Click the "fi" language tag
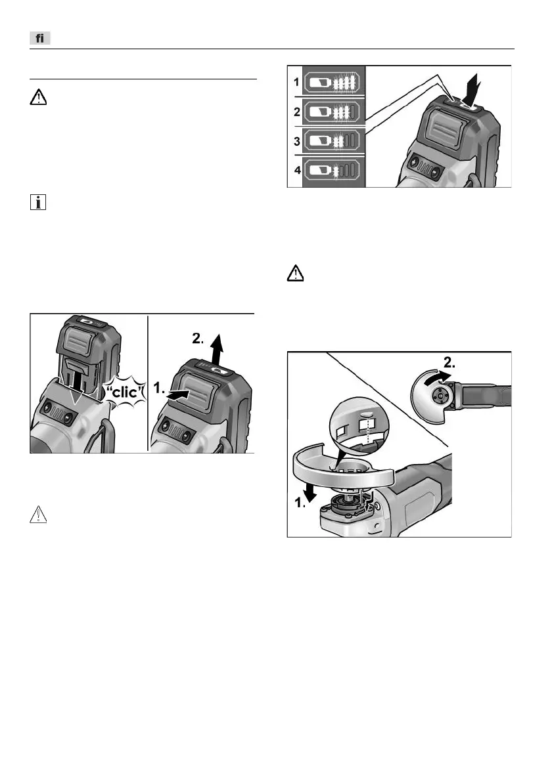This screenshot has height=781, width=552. (x=39, y=39)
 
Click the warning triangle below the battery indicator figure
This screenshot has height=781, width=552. (x=296, y=274)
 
